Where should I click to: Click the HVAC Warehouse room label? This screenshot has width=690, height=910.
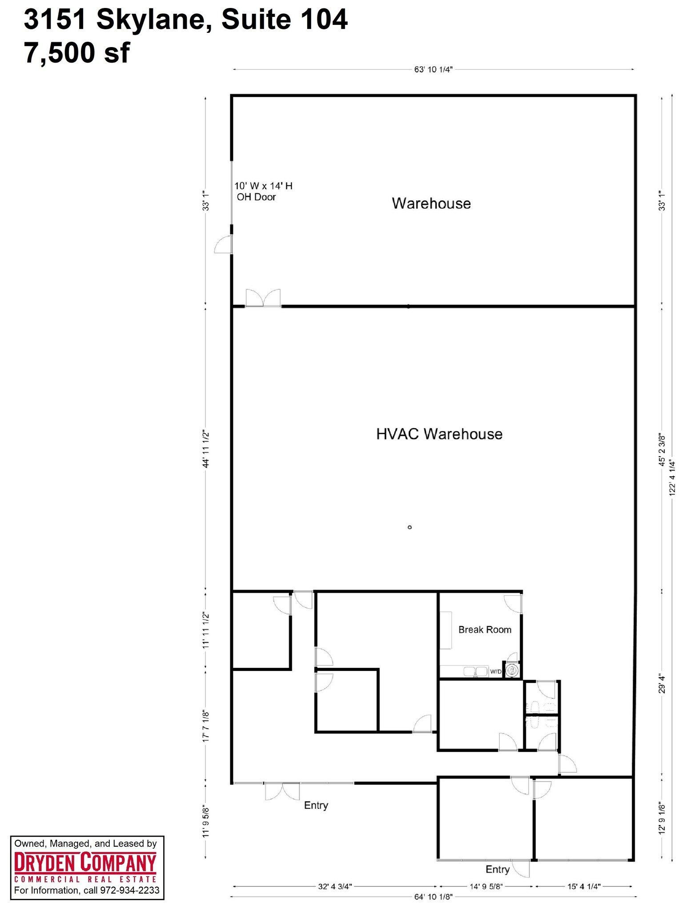pos(439,434)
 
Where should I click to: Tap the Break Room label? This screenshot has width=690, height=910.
pos(485,630)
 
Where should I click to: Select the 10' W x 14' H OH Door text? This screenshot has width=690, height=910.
pos(263,192)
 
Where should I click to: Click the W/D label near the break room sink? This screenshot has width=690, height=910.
pos(495,671)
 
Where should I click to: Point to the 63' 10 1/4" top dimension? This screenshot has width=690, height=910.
pos(433,70)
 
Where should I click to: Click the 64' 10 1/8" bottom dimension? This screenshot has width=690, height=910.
pos(433,897)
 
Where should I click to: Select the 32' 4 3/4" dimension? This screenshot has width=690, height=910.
pos(335,886)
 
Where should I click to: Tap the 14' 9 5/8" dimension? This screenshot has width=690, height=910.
pos(486,886)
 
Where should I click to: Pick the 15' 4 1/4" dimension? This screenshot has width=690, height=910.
pos(584,886)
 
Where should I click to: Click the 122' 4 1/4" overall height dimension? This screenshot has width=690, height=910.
pos(672,478)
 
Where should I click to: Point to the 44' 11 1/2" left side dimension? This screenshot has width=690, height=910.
pos(205,449)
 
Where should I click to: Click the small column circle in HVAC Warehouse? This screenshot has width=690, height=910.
pos(409,527)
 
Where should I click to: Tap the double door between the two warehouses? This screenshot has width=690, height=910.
pos(263,299)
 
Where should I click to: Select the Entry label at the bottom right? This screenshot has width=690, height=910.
pos(497,869)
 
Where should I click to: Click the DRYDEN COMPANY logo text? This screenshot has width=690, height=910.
pos(85,863)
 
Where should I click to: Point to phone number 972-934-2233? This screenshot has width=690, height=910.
pos(129,890)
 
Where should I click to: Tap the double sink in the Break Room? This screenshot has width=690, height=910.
pos(475,671)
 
